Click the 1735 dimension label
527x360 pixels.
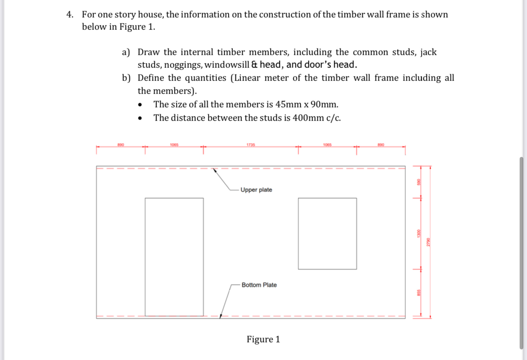click(x=250, y=145)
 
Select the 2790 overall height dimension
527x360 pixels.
click(x=428, y=242)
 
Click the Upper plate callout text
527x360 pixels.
click(x=256, y=190)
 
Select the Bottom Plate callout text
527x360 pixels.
click(x=259, y=285)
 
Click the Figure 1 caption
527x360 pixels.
click(x=263, y=339)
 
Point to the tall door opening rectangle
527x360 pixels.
click(x=174, y=257)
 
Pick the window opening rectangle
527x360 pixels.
click(x=327, y=233)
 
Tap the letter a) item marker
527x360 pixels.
click(x=126, y=52)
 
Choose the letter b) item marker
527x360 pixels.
click(x=126, y=78)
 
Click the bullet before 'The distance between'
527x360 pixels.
click(x=141, y=119)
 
